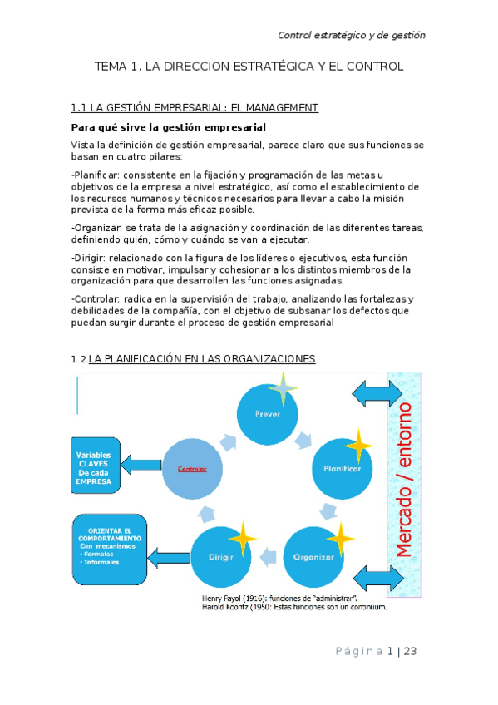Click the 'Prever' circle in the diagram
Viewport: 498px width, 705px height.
click(268, 412)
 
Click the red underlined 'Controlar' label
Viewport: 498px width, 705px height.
click(192, 469)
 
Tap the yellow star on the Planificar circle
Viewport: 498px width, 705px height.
click(358, 446)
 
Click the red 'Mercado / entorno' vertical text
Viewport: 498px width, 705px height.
click(405, 480)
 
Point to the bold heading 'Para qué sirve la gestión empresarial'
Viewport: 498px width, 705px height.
click(169, 127)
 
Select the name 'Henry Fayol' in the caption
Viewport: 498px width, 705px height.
click(224, 598)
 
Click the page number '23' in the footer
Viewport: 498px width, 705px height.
click(409, 652)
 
